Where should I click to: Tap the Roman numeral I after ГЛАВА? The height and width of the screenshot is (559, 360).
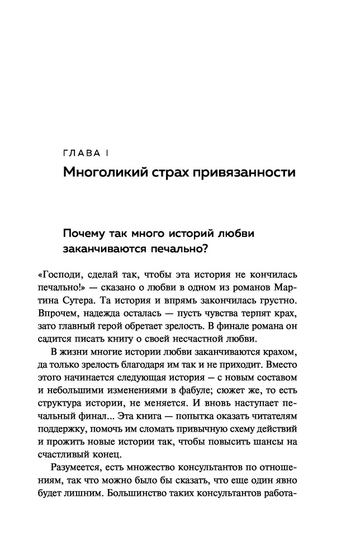coord(107,153)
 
